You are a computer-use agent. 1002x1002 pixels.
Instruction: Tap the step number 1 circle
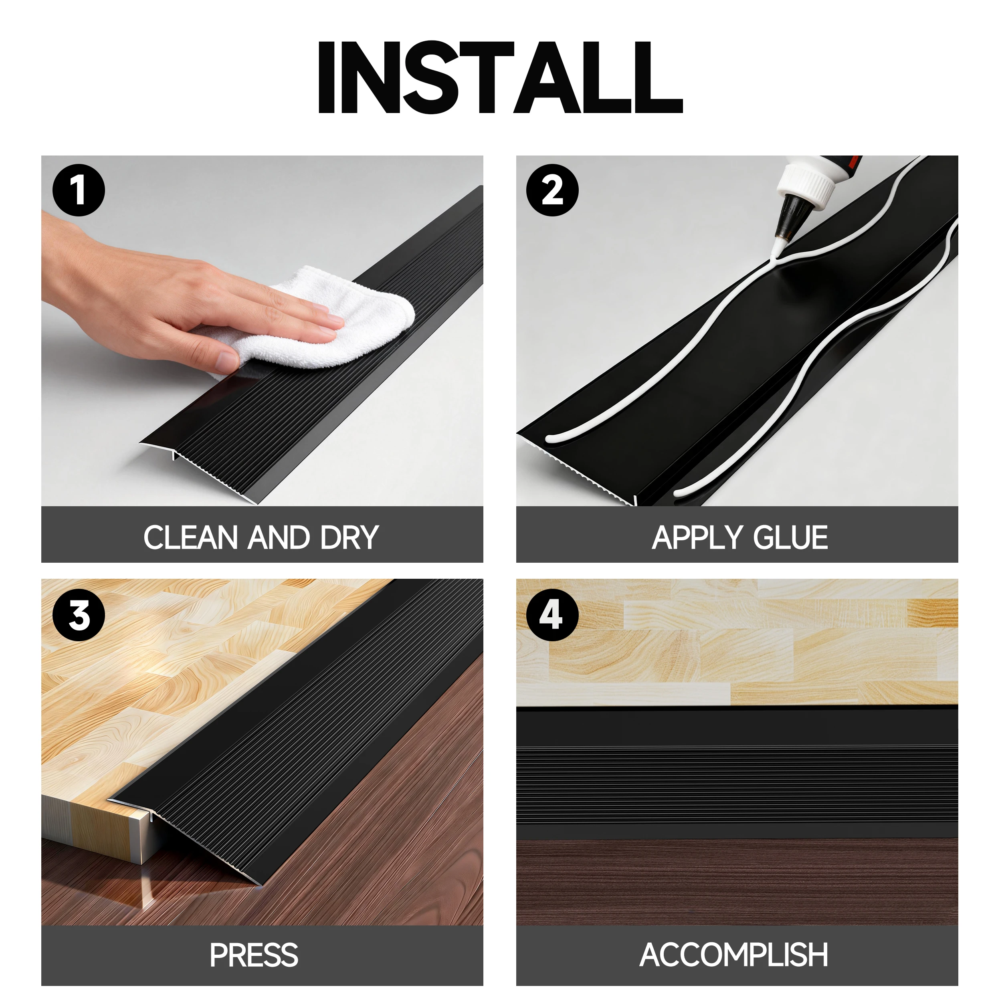[x=79, y=190]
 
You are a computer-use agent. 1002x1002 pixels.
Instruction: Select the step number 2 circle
[x=552, y=190]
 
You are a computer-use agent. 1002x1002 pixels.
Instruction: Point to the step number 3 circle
[x=79, y=615]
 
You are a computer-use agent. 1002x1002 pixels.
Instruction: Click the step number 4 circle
[x=552, y=615]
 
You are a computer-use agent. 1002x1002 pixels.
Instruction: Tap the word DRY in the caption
[x=349, y=538]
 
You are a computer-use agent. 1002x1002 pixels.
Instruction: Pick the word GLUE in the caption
[x=790, y=538]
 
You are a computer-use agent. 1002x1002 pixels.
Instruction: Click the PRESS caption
[x=254, y=956]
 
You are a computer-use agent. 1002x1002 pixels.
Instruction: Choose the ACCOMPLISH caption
[x=734, y=956]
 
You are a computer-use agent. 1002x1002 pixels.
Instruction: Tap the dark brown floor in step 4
[x=736, y=882]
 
